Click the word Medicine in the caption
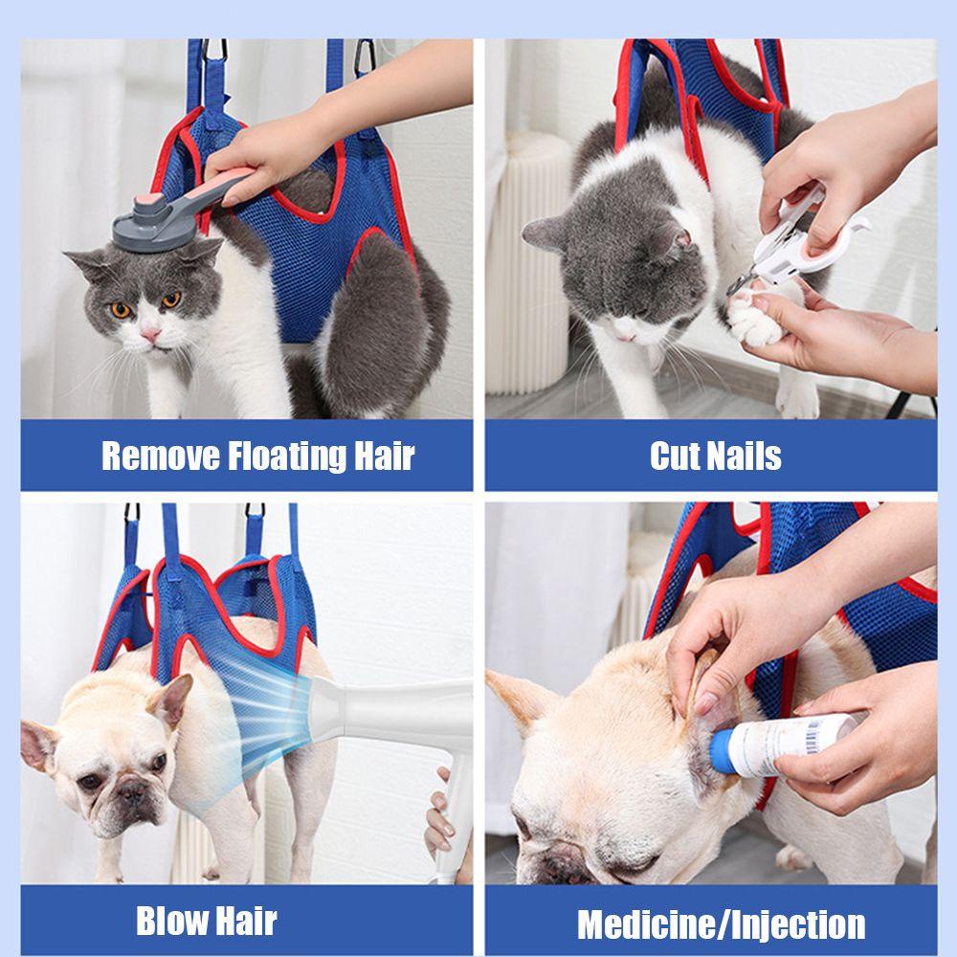pos(647,924)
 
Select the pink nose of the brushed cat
pos(150,334)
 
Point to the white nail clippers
pos(793,244)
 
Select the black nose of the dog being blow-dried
pos(131,791)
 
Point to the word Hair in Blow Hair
pos(244,921)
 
